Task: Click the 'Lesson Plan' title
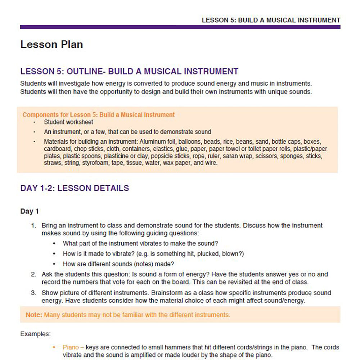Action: pyautogui.click(x=51, y=45)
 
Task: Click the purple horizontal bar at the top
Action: pyautogui.click(x=180, y=27)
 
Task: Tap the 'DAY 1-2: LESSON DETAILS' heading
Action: pyautogui.click(x=75, y=188)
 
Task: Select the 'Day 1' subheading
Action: pyautogui.click(x=30, y=211)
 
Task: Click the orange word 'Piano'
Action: pyautogui.click(x=70, y=347)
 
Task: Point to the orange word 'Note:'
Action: pyautogui.click(x=33, y=315)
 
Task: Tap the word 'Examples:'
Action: pyautogui.click(x=35, y=334)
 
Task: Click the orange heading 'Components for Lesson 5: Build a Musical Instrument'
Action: pyautogui.click(x=98, y=115)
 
